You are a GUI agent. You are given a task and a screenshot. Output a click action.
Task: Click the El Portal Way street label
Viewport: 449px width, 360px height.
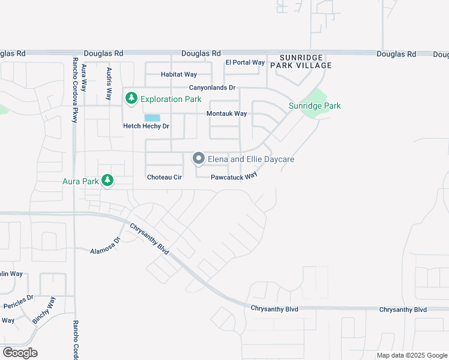(x=245, y=62)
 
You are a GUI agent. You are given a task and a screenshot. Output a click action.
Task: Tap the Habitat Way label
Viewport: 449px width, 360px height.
(x=179, y=74)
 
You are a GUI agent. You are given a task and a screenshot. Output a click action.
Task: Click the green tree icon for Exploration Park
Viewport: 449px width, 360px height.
(x=131, y=98)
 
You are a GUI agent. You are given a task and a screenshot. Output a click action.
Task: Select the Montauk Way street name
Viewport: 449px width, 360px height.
(x=227, y=113)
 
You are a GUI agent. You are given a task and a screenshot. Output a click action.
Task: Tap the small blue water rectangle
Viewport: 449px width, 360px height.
(x=152, y=118)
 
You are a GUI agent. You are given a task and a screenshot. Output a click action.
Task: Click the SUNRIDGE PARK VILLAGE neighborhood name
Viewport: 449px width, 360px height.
(x=301, y=61)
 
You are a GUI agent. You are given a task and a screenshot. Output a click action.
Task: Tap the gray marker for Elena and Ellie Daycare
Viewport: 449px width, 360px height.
(x=199, y=159)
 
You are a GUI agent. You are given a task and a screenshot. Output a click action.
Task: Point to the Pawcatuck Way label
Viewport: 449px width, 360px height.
(x=234, y=176)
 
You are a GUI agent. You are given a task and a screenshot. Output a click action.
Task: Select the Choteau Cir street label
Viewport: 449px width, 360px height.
(x=164, y=178)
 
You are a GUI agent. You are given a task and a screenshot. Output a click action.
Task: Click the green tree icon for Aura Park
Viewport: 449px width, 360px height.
(x=107, y=180)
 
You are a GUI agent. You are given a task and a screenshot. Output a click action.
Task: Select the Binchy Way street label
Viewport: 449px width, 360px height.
(x=43, y=310)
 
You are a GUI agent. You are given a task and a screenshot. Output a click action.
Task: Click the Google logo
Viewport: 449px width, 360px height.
(x=20, y=353)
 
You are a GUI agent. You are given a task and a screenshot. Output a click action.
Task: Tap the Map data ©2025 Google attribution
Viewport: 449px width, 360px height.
(x=412, y=356)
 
